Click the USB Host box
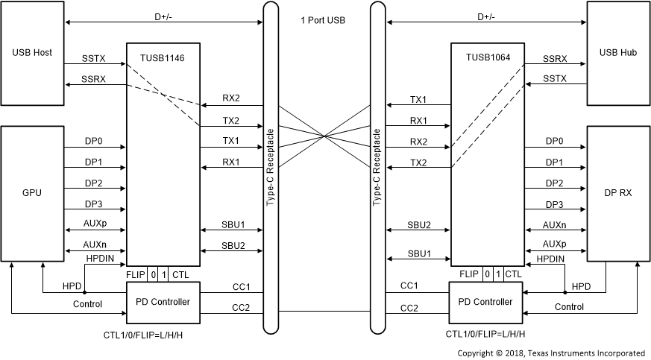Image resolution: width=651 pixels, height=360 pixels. click(32, 53)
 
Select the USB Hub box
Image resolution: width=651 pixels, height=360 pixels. click(617, 53)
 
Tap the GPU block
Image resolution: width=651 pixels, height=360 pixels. click(32, 192)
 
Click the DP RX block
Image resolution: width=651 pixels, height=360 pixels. click(617, 192)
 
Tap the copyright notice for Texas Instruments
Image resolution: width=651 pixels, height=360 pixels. click(551, 353)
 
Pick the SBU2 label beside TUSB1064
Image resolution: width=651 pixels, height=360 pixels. click(418, 224)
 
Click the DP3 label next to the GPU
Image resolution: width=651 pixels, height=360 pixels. click(95, 203)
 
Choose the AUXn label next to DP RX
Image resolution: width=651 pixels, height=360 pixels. click(554, 224)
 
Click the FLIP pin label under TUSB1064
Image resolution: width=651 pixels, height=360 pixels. click(469, 274)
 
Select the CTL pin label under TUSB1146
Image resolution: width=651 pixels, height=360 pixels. click(180, 274)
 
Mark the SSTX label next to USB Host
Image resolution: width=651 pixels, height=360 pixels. click(95, 57)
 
